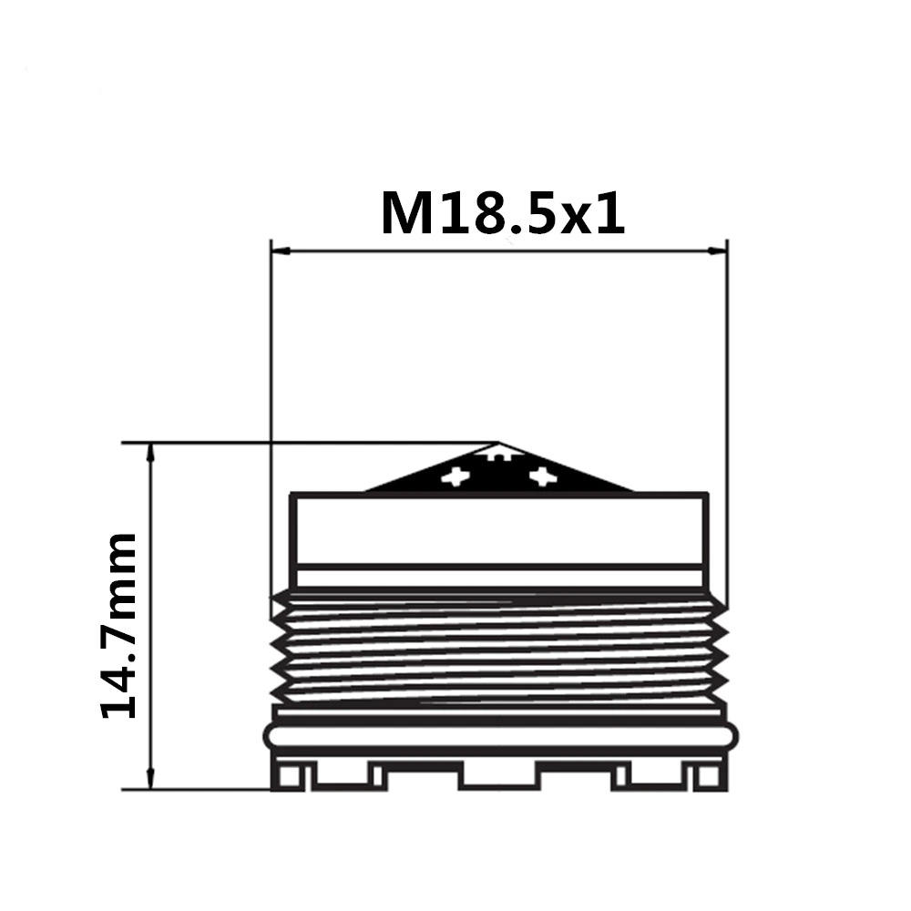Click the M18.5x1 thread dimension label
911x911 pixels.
(x=503, y=213)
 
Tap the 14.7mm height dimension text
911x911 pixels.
(x=119, y=625)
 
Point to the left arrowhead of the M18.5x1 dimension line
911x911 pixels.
(x=281, y=251)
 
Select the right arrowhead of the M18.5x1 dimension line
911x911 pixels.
(x=717, y=251)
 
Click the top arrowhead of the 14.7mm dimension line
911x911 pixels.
(x=151, y=453)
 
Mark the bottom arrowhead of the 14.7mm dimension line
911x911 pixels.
(x=151, y=779)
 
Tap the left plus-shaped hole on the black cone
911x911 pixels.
(x=455, y=477)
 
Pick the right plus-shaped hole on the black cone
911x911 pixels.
(x=543, y=477)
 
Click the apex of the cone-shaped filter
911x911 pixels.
(x=497, y=444)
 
